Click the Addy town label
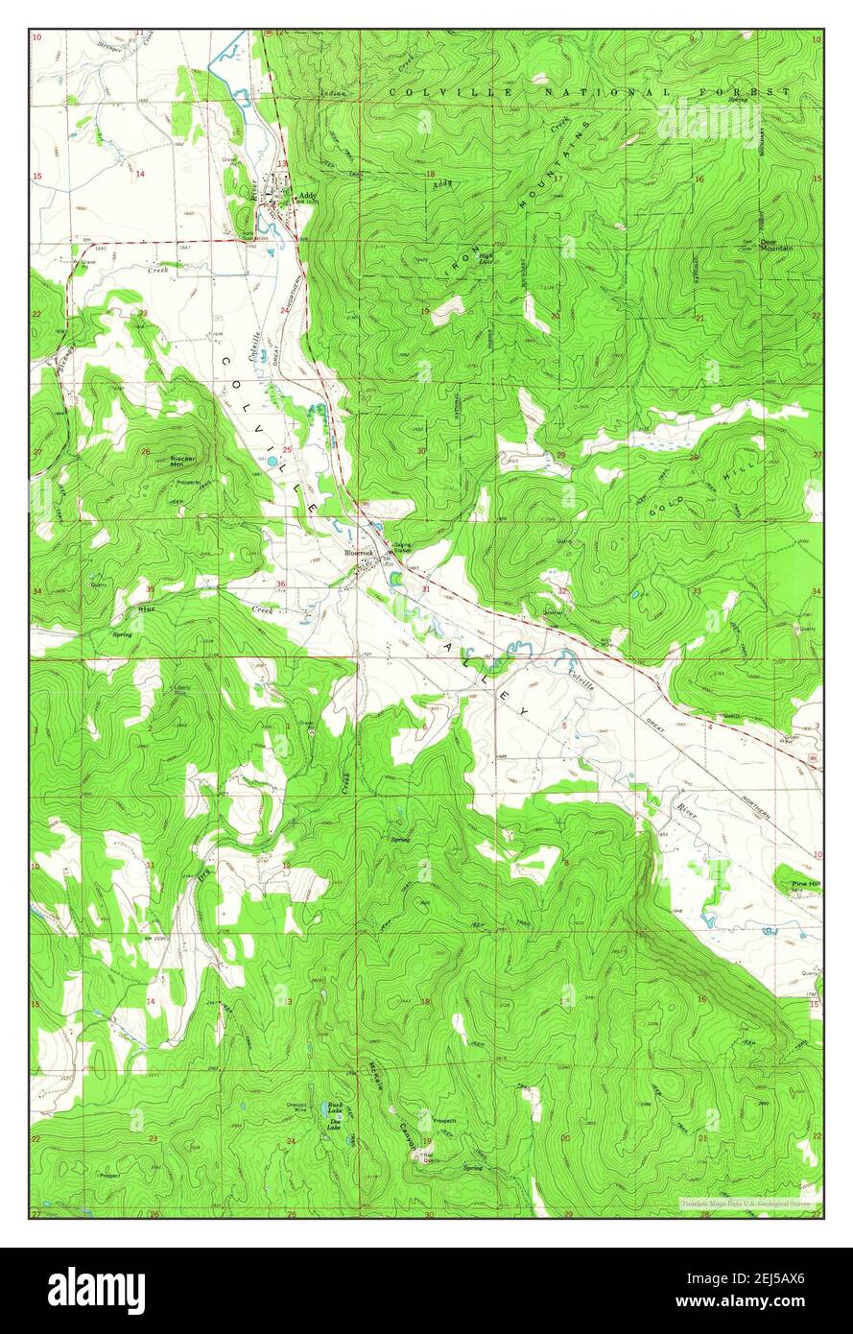307,196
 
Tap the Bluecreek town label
360,554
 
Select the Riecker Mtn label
183,462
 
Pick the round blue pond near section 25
274,462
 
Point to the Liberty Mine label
186,691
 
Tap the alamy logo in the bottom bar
96,1291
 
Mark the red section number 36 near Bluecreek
281,584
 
